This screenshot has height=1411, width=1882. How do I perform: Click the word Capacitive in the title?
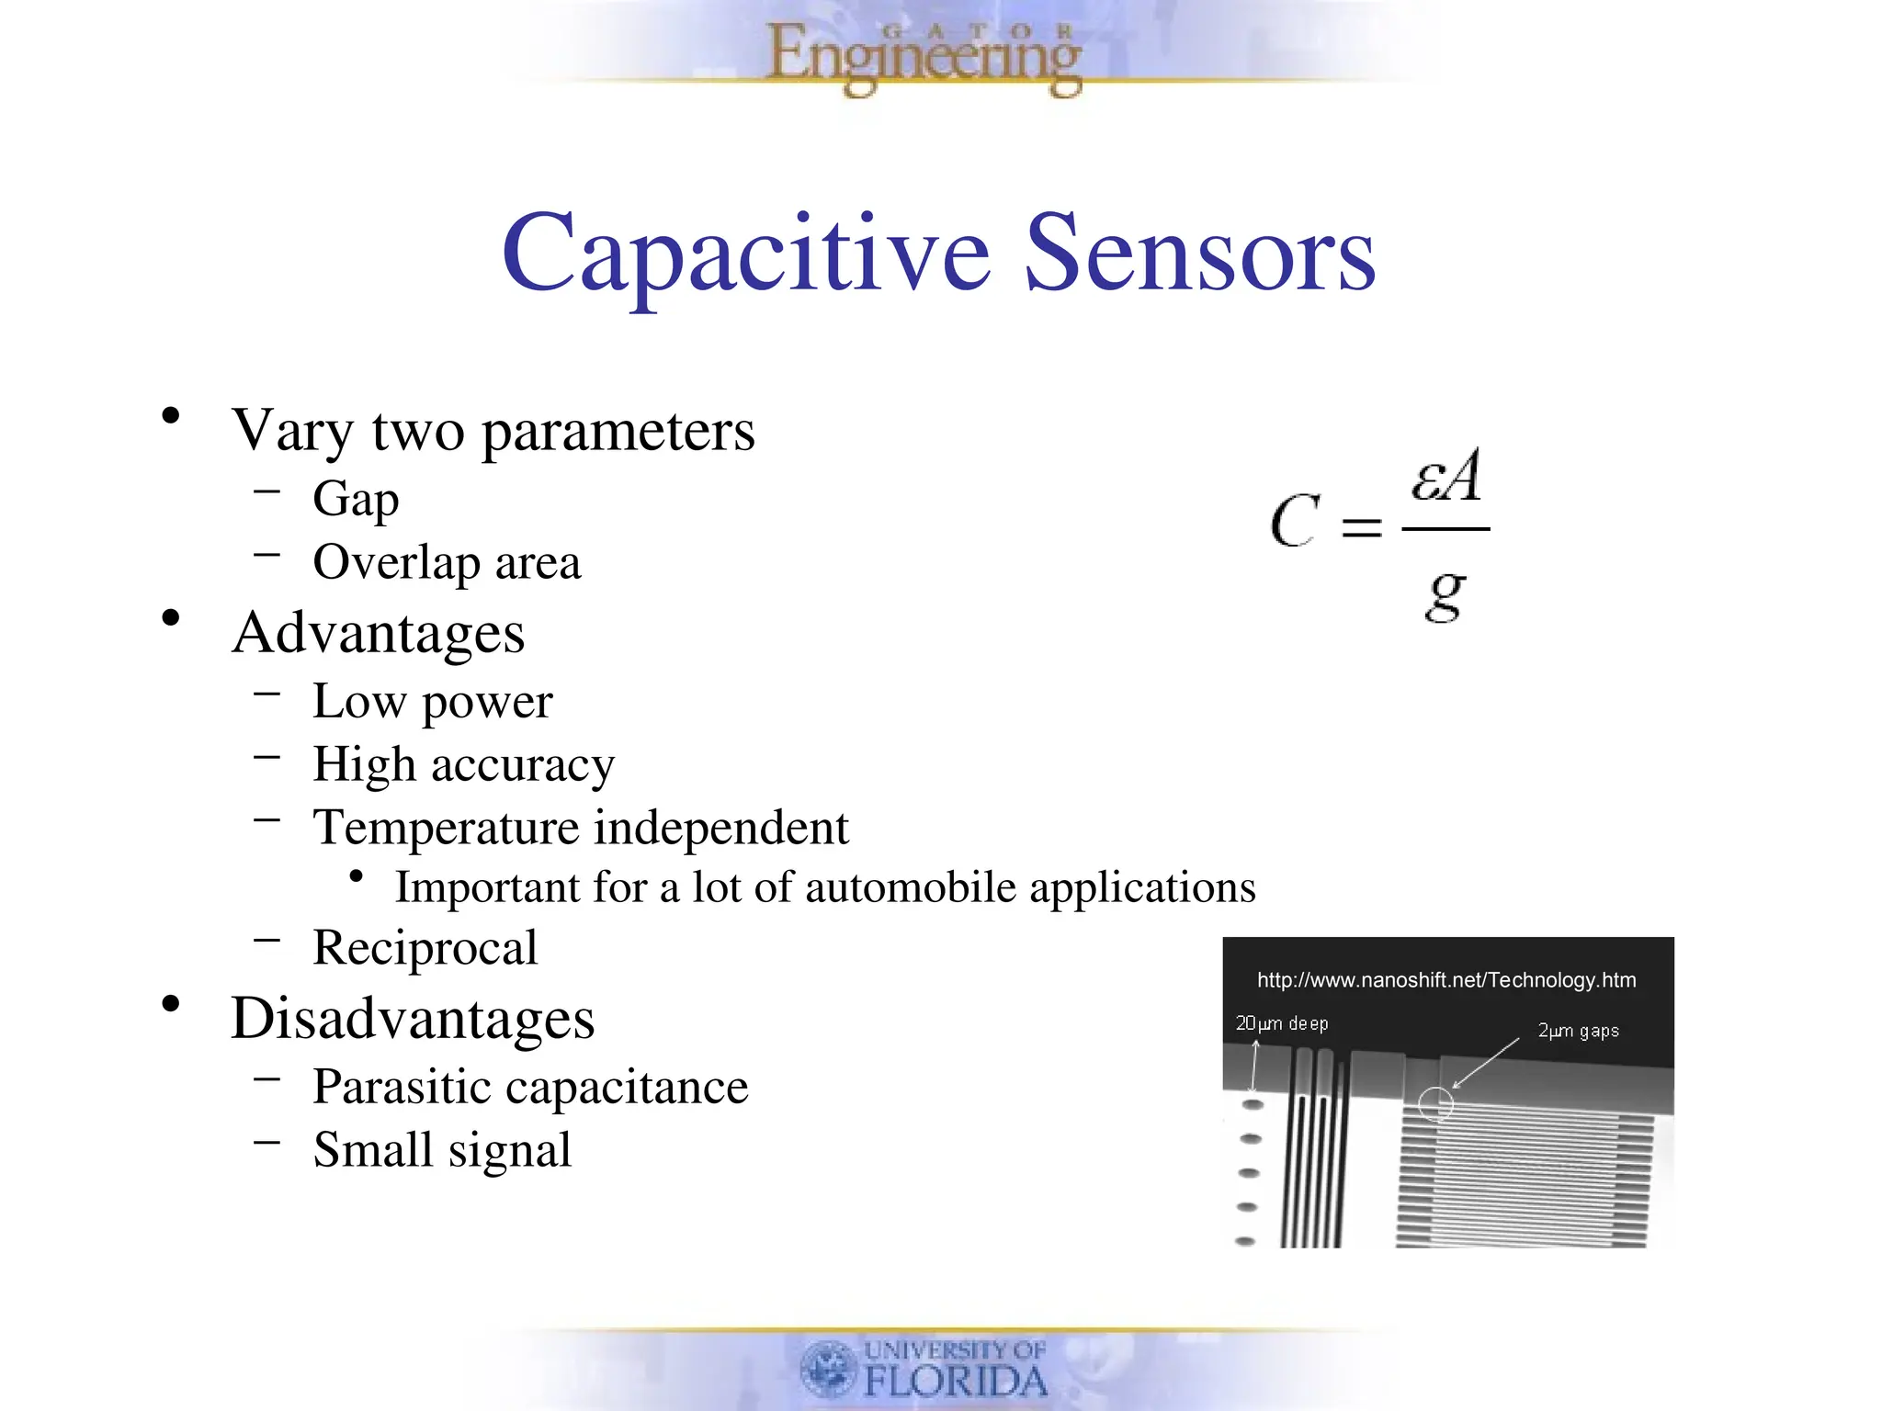tap(745, 253)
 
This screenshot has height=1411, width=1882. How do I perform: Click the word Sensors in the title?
tap(1199, 253)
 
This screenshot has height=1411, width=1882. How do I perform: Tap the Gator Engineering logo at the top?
tap(924, 57)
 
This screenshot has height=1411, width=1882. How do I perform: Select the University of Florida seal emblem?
tap(828, 1368)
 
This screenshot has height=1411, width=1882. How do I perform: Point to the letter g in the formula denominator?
tap(1445, 595)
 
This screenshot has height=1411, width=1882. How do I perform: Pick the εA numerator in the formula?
tap(1446, 477)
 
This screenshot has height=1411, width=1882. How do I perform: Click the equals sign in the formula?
tap(1361, 526)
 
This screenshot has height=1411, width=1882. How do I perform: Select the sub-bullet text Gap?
tap(356, 500)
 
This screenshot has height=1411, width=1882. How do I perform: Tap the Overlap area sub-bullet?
tap(447, 562)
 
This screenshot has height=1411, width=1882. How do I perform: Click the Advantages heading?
tap(378, 633)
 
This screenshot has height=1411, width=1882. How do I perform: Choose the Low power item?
tap(432, 702)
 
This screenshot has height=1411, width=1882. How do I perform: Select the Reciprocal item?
tap(425, 948)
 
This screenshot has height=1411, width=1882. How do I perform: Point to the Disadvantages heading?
tap(413, 1019)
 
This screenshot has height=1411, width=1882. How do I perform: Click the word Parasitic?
tap(403, 1088)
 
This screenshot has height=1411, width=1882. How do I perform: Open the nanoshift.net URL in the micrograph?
tap(1446, 980)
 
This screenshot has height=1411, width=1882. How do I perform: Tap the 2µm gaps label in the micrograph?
tap(1578, 1031)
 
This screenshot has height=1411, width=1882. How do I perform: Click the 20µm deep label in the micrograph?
tap(1281, 1023)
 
